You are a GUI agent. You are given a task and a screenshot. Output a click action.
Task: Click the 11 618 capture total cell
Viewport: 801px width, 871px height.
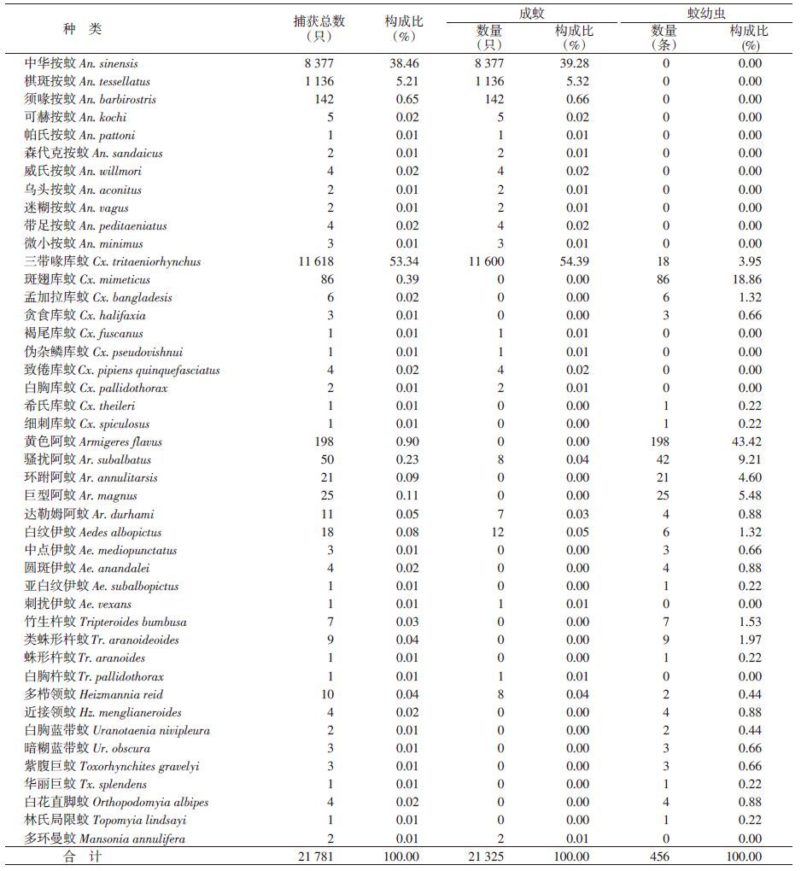click(x=312, y=261)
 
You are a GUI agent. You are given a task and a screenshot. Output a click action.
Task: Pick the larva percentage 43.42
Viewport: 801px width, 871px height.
click(x=745, y=441)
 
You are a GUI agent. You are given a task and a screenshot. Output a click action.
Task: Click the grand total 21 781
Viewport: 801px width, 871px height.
click(x=312, y=856)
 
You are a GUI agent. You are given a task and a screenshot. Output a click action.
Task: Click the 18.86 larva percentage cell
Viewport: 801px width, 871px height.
click(x=745, y=279)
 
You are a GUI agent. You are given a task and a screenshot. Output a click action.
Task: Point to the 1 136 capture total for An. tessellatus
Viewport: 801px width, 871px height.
click(x=317, y=81)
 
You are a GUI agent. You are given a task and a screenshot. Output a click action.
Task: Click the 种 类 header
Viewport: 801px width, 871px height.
click(x=82, y=29)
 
